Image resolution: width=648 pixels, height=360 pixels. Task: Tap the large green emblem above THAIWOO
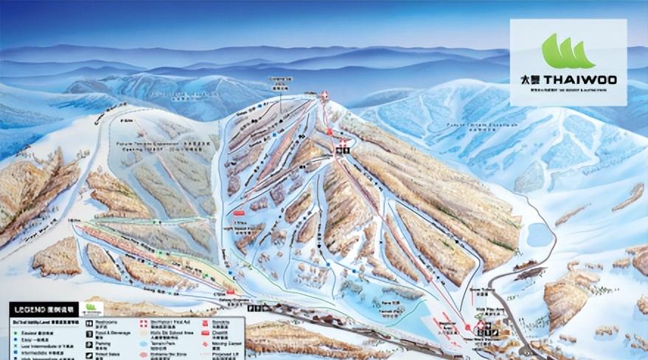[568, 52]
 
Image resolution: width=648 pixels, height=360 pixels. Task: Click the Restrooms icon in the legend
[88, 322]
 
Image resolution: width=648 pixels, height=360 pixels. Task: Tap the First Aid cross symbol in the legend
[143, 322]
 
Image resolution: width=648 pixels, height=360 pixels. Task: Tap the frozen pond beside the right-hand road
[540, 235]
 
